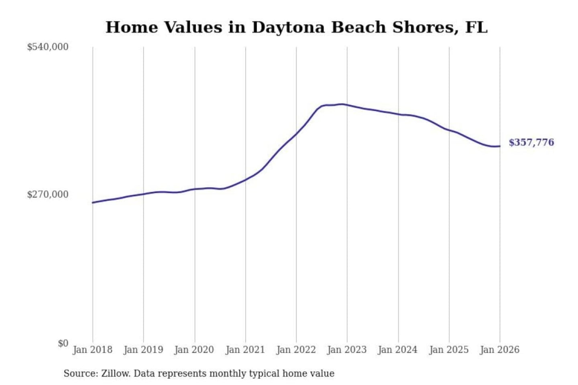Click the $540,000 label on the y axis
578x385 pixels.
click(47, 47)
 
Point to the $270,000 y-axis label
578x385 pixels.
click(47, 195)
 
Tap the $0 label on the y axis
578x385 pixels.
click(63, 343)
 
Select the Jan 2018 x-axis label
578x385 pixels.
click(92, 350)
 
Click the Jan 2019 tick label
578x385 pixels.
click(143, 350)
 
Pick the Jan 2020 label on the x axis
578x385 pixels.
click(194, 350)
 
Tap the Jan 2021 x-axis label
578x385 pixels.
click(245, 350)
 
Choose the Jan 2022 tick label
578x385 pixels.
click(296, 350)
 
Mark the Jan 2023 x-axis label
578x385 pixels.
click(347, 350)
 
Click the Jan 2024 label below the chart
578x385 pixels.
click(398, 350)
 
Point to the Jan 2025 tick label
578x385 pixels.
click(449, 350)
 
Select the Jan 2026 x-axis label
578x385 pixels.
click(500, 350)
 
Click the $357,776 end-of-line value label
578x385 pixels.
click(531, 142)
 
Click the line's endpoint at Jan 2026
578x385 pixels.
click(500, 146)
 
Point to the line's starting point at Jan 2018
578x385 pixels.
click(93, 203)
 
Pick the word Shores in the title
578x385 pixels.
click(425, 27)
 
